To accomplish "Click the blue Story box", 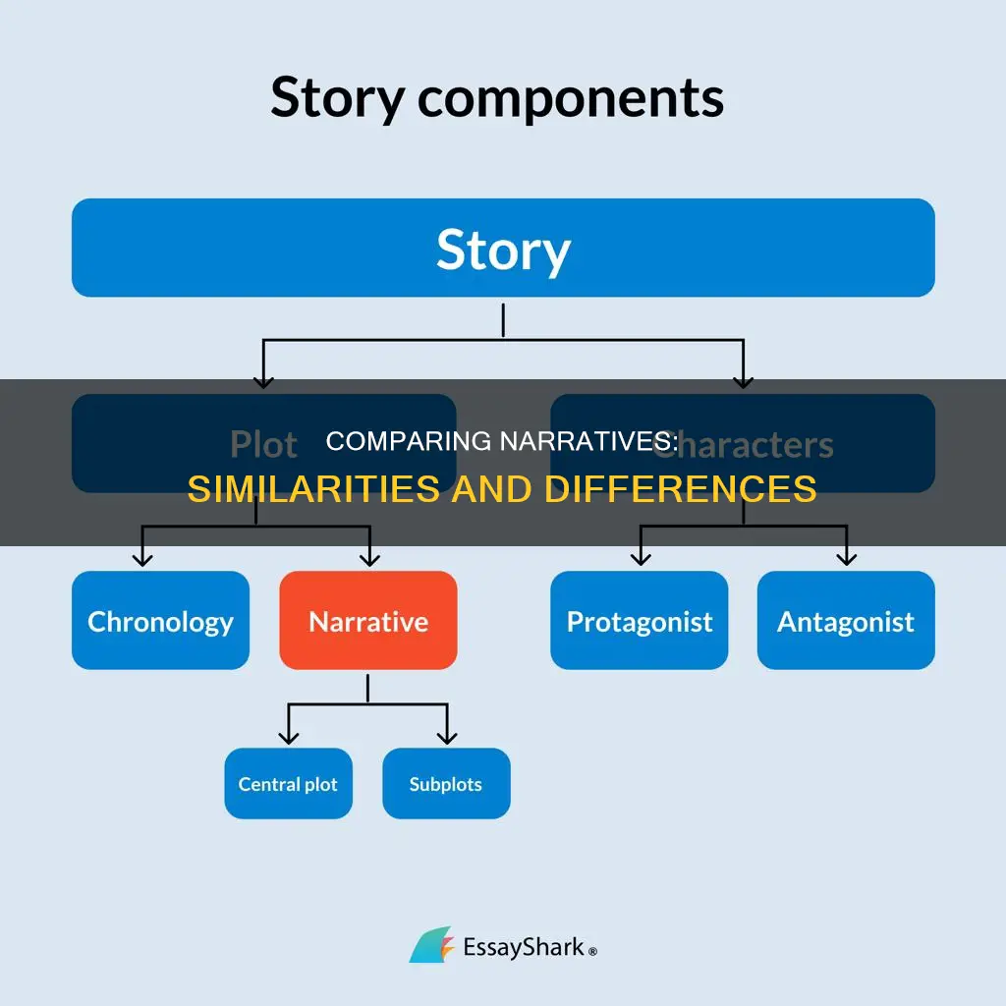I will pos(503,248).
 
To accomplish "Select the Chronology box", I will pos(160,621).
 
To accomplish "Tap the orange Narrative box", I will pos(368,621).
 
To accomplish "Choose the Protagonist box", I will pos(640,621).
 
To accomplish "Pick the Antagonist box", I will pos(846,621).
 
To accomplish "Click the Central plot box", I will pos(288,784).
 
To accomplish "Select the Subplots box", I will pos(446,784).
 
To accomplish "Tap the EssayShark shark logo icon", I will pos(431,945).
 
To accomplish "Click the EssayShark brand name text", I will pos(524,947).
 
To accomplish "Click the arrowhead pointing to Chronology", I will pos(143,558).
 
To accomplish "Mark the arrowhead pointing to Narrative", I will pos(369,558).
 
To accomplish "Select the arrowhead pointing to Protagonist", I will pos(641,558).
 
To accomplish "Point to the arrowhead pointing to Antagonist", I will pos(846,558).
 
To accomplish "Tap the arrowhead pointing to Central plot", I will pos(288,736).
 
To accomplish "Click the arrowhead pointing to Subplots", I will pos(447,736).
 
